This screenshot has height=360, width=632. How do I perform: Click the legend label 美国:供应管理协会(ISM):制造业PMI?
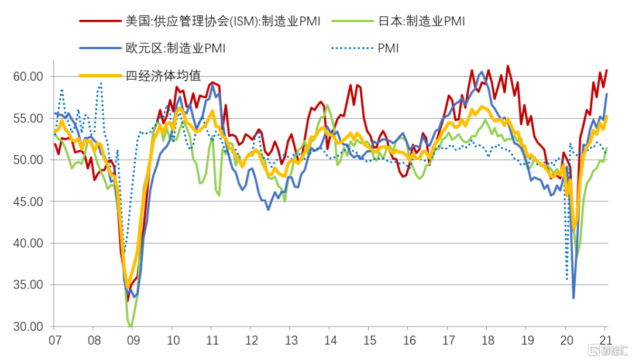point(223,21)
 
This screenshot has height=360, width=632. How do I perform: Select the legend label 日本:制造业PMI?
point(421,21)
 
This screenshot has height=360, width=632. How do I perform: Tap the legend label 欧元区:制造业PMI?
point(176,48)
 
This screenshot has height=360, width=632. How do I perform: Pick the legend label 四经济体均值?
point(163,76)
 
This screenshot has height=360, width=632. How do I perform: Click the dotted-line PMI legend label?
point(388,49)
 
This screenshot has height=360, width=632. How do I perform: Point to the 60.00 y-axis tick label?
point(28,77)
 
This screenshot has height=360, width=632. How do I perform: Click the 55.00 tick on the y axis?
point(28,118)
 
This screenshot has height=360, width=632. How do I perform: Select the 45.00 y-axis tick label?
point(28,201)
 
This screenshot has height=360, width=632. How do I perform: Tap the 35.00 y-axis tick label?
point(28,284)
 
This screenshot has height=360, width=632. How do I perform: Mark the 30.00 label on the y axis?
point(28,327)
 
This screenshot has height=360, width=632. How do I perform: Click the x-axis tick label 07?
point(55,340)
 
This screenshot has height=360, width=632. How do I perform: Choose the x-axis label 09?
point(133,340)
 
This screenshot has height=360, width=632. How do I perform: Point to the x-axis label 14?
point(330,340)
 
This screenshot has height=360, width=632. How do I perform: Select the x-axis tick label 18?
point(487,340)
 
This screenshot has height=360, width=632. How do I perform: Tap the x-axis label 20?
point(566,340)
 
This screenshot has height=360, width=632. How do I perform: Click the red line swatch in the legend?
point(100,21)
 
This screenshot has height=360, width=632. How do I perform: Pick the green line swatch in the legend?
point(352,21)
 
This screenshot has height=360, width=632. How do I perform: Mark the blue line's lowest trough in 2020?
point(573,298)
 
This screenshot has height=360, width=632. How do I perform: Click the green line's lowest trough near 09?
point(130,326)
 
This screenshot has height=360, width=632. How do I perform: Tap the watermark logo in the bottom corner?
point(608,350)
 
